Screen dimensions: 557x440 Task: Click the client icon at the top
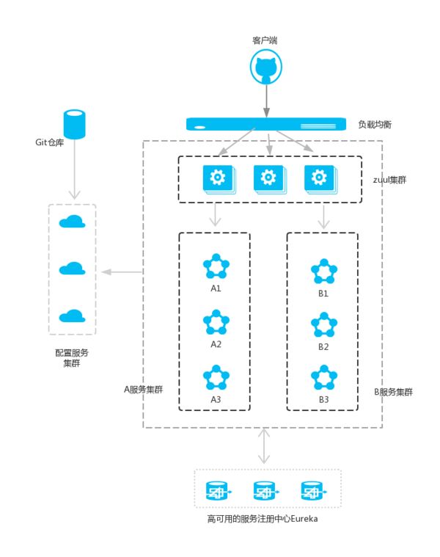(x=266, y=68)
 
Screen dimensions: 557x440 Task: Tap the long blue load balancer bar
(x=266, y=124)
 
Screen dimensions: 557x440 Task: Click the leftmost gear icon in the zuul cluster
(x=217, y=178)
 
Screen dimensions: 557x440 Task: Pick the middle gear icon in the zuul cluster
(x=268, y=178)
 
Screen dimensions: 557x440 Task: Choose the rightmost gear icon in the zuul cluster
(x=318, y=178)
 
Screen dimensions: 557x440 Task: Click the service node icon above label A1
(x=216, y=267)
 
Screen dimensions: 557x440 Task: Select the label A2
(x=216, y=343)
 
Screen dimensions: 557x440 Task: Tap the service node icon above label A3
(x=216, y=378)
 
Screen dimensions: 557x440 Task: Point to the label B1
(x=323, y=294)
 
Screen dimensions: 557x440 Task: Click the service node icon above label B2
(x=323, y=324)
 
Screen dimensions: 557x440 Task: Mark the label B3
(x=323, y=399)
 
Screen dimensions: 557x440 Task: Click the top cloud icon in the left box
(x=72, y=222)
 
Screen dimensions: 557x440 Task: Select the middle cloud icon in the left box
(x=72, y=269)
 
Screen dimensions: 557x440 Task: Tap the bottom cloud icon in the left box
(x=72, y=316)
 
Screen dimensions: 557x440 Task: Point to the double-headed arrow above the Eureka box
(x=263, y=446)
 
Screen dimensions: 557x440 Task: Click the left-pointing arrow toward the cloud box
(x=120, y=272)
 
